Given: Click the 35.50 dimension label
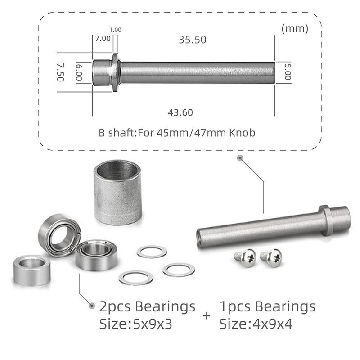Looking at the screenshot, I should pos(192,40).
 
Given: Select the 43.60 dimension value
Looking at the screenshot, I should pos(180,112).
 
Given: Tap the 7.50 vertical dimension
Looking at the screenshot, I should pos(60,72).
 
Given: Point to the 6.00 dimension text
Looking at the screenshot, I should pos(79,72).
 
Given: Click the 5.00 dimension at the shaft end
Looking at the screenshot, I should pos(288,72).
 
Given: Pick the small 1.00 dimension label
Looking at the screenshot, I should pos(115,30).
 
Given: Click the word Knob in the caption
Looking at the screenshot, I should pos(242,133).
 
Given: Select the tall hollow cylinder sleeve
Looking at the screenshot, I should pos(117,192).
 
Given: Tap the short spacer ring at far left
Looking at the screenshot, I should pos(31,270).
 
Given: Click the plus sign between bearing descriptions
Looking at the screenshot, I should pos(207,315).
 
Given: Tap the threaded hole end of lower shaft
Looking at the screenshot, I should pos(201,237).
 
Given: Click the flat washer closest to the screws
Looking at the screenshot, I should pos(178,270).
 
